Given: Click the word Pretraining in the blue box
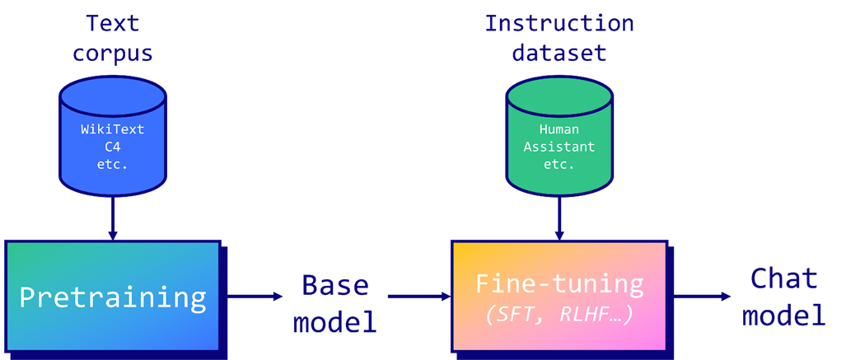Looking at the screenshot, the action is (113, 297).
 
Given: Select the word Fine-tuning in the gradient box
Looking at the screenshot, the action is (559, 284).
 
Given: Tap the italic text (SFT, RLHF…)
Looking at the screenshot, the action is (559, 316).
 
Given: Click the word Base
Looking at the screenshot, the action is (335, 284).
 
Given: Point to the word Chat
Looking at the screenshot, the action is (784, 278).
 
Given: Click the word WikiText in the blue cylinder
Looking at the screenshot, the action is (113, 129).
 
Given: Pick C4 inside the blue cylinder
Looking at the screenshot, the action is (113, 147).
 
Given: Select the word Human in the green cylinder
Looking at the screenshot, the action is (559, 129).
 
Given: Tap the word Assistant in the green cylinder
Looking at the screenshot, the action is (559, 147).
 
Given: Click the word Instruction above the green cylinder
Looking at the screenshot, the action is (559, 24).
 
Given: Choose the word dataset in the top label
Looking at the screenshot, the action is (559, 54).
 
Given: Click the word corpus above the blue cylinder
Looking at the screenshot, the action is (113, 54).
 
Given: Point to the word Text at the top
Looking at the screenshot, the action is (113, 24).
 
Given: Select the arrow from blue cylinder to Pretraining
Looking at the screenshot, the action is (113, 218).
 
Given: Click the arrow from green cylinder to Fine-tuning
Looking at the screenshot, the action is (559, 218).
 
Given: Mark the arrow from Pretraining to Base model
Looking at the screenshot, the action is (255, 296).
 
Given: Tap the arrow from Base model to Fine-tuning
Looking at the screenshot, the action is (419, 296).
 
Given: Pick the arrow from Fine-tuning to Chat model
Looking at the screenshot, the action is (702, 296).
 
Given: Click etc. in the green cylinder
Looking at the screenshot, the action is (559, 165).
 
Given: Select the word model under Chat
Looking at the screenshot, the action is (784, 316).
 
